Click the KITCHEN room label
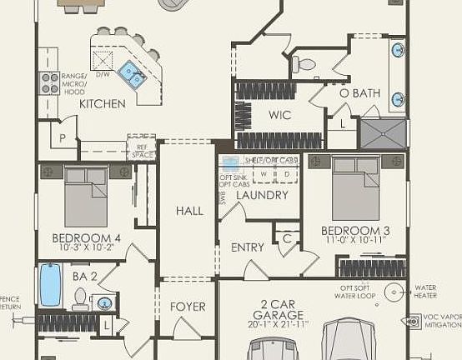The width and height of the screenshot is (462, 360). pyautogui.click(x=103, y=104)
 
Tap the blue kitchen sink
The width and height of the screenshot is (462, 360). pyautogui.click(x=132, y=75)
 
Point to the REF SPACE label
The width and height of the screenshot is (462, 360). pyautogui.click(x=142, y=152)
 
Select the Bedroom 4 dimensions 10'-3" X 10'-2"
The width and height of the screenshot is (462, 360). pyautogui.click(x=86, y=247)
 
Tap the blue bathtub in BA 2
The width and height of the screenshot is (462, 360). pyautogui.click(x=50, y=285)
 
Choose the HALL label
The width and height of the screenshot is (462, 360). pyautogui.click(x=189, y=211)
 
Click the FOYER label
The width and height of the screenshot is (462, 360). pyautogui.click(x=188, y=307)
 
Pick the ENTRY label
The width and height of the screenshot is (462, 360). pyautogui.click(x=248, y=247)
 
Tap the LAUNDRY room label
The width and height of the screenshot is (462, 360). pyautogui.click(x=262, y=196)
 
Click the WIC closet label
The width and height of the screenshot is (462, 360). pyautogui.click(x=279, y=115)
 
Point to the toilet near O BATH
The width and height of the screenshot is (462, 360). pyautogui.click(x=305, y=63)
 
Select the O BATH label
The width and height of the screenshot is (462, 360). pyautogui.click(x=359, y=93)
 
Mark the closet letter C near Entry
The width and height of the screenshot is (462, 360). pyautogui.click(x=286, y=238)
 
